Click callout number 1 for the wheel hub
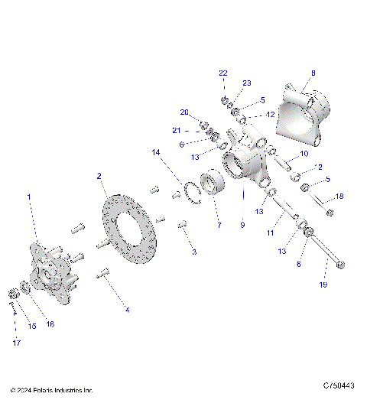pos(29,197)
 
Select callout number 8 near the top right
pos(312,73)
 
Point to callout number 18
pos(339,197)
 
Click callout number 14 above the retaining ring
pos(156,153)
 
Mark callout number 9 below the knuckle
pos(242,226)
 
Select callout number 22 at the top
pos(223,73)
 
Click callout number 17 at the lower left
pos(15,343)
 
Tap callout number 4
pos(127,310)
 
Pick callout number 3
pos(193,252)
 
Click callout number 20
pos(183,112)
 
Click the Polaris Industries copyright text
pos(52,390)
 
